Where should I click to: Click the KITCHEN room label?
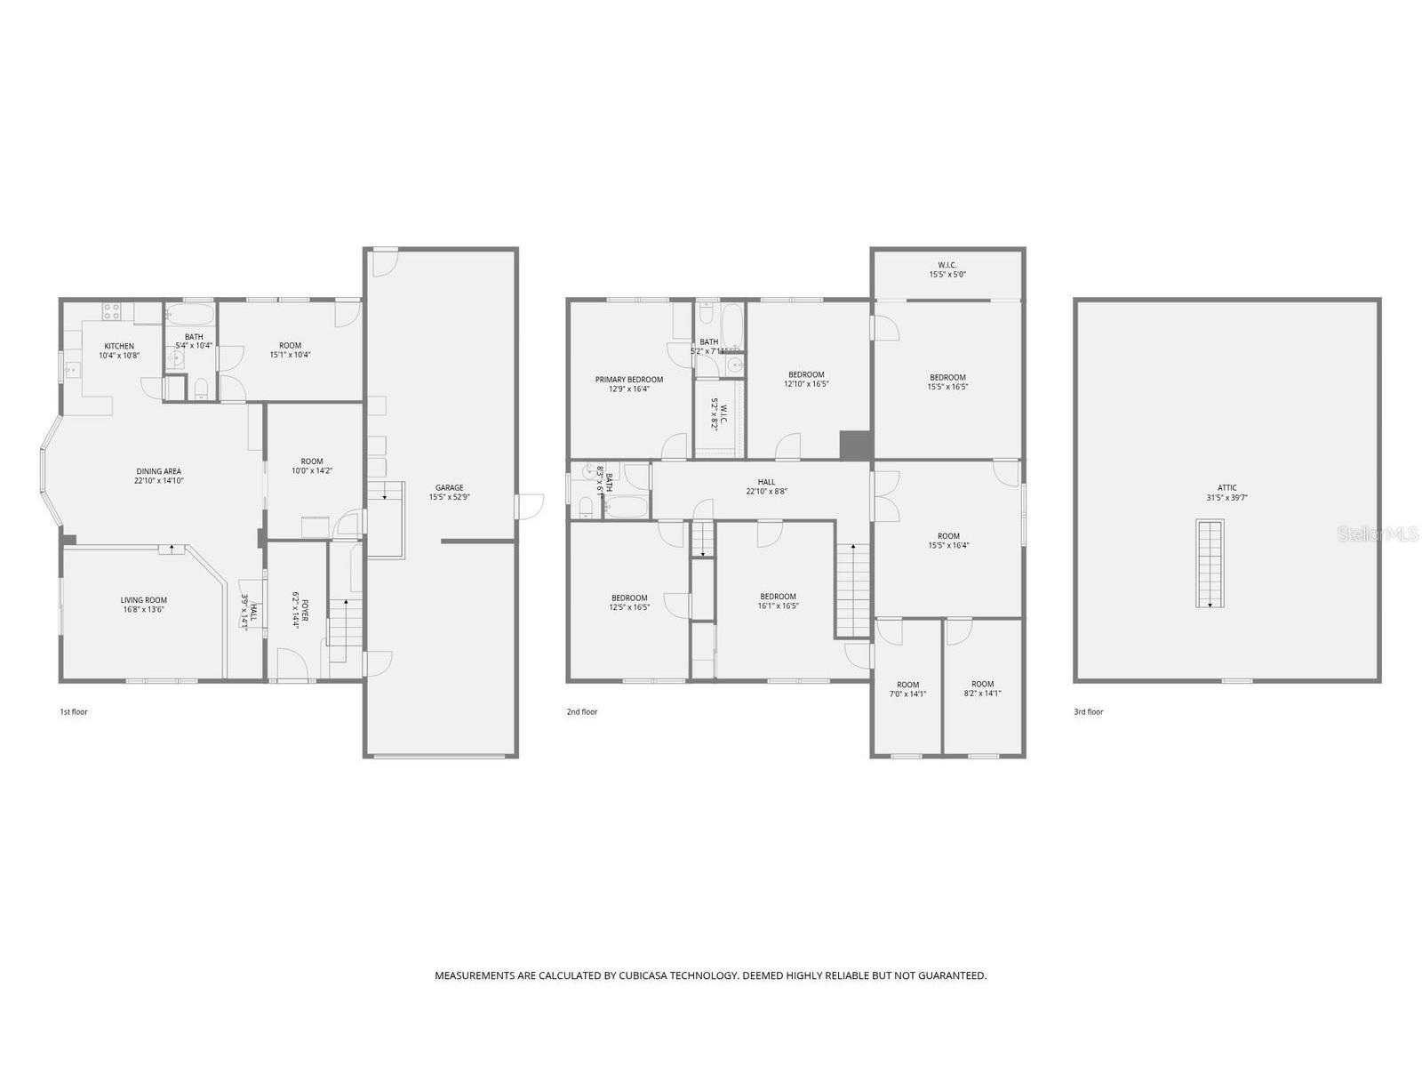(x=119, y=346)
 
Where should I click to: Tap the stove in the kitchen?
(x=112, y=311)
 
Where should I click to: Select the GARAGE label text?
(x=449, y=487)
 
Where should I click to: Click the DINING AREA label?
(x=159, y=471)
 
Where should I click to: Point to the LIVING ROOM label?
(x=144, y=600)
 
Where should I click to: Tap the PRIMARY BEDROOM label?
(x=629, y=380)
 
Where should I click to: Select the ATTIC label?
(x=1226, y=487)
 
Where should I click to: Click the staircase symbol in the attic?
(x=1210, y=564)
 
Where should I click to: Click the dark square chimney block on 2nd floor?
(x=856, y=445)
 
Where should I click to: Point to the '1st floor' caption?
(x=74, y=711)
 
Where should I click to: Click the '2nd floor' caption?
(x=582, y=711)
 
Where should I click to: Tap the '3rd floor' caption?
(x=1089, y=711)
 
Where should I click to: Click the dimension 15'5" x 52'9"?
(x=449, y=498)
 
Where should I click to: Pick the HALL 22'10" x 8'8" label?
(x=766, y=486)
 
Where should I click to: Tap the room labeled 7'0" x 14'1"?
(x=907, y=689)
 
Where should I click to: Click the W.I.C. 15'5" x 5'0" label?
(x=947, y=269)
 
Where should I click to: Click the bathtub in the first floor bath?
(x=189, y=314)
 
